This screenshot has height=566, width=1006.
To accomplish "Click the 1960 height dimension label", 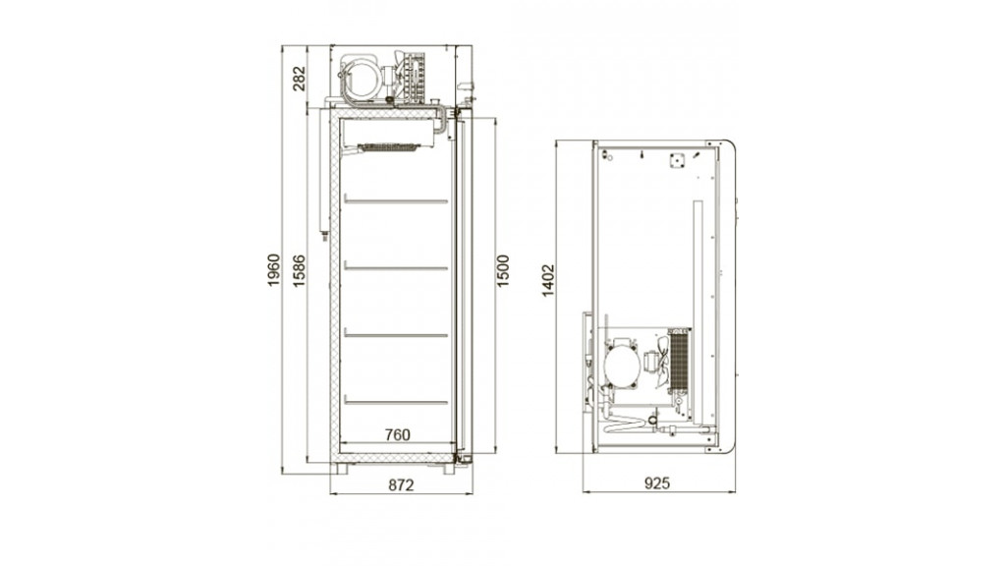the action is (274, 270).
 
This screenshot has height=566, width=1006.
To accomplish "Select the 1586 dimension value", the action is (299, 270).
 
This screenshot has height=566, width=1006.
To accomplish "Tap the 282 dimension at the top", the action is (299, 78).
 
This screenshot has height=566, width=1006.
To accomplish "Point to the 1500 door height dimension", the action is (503, 270).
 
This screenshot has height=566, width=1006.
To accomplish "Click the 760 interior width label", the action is (397, 434).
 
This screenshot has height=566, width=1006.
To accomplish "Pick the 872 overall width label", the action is (401, 484).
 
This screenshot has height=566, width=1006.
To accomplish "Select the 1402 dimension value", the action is (547, 280).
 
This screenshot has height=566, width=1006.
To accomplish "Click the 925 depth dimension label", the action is (657, 482).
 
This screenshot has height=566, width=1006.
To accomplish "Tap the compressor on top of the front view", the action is (362, 79).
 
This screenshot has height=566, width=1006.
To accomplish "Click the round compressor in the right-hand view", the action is (622, 364).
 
